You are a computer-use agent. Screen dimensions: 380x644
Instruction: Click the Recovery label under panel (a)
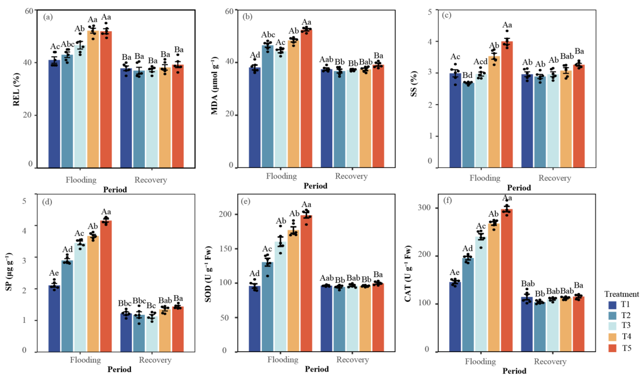point(151,180)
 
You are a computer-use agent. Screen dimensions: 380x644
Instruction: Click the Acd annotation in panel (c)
point(480,61)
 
